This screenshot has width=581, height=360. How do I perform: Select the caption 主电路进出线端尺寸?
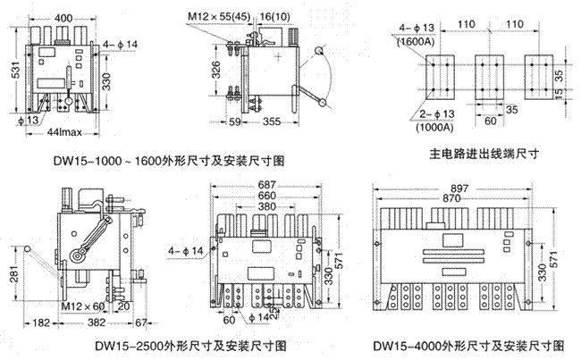[474, 154]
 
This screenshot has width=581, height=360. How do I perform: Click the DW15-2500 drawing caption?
[193, 344]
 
